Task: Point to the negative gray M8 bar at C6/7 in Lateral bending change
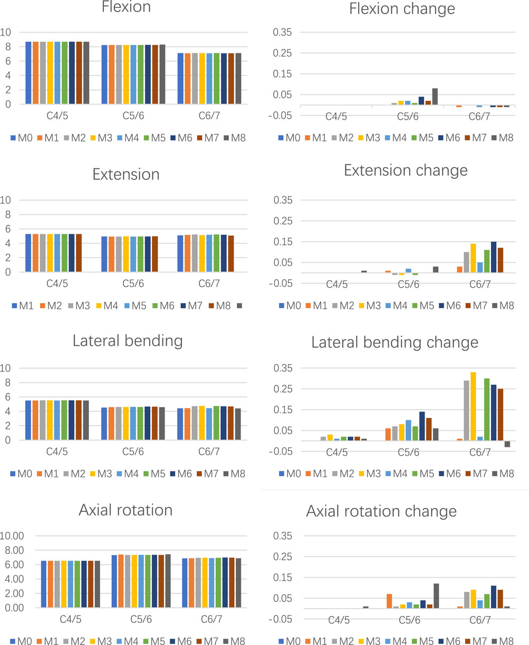click(507, 444)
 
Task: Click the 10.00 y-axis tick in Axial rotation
click(14, 536)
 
